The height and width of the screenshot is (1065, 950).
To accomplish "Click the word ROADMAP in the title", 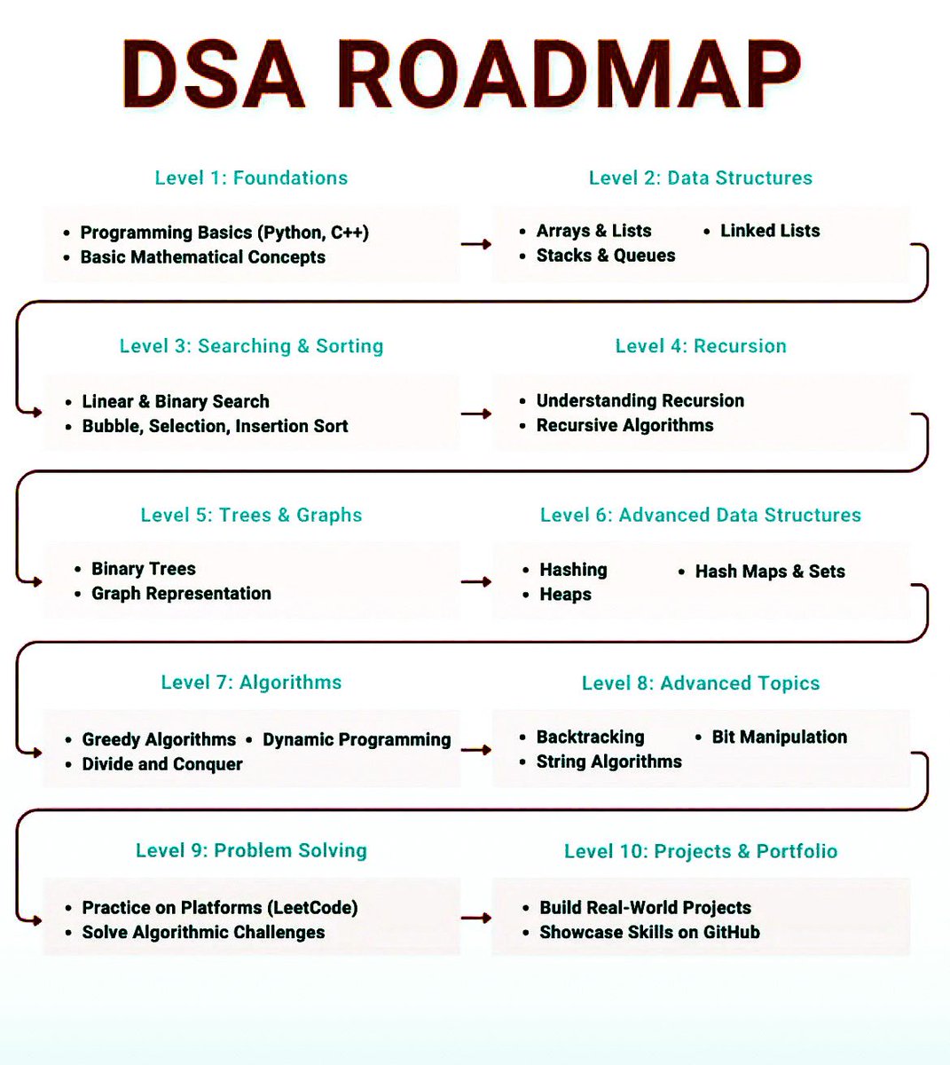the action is pyautogui.click(x=568, y=75).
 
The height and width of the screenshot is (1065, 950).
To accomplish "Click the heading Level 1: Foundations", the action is pyautogui.click(x=251, y=177).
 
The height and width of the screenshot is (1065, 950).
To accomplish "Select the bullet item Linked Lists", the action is pyautogui.click(x=769, y=231).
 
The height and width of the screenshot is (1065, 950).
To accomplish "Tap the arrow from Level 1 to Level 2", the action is pyautogui.click(x=476, y=244).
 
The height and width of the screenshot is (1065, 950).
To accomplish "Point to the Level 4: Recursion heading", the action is pyautogui.click(x=701, y=346).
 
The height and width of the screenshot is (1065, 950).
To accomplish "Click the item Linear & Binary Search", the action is pyautogui.click(x=176, y=401).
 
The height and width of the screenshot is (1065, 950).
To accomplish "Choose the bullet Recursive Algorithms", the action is pyautogui.click(x=624, y=425).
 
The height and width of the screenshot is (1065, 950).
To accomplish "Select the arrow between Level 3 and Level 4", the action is pyautogui.click(x=476, y=414).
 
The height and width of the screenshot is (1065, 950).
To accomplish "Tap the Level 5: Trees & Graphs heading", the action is pyautogui.click(x=251, y=515).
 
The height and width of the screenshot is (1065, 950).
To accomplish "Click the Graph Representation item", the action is pyautogui.click(x=181, y=593).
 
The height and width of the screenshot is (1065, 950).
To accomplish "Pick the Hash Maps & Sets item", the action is pyautogui.click(x=770, y=572).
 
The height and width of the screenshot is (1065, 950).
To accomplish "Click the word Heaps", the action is pyautogui.click(x=565, y=595).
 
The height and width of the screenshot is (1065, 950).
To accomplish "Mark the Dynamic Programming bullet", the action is pyautogui.click(x=357, y=739).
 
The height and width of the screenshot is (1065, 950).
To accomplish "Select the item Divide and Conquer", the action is pyautogui.click(x=162, y=764).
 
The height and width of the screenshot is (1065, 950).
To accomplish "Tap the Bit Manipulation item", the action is pyautogui.click(x=779, y=737).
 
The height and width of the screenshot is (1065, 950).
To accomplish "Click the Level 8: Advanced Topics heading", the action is pyautogui.click(x=701, y=683).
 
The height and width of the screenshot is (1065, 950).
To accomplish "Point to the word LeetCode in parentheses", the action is pyautogui.click(x=316, y=907).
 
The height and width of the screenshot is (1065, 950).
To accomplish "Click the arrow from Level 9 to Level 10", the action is pyautogui.click(x=476, y=919).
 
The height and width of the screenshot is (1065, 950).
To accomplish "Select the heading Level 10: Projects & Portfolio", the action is pyautogui.click(x=701, y=851).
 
